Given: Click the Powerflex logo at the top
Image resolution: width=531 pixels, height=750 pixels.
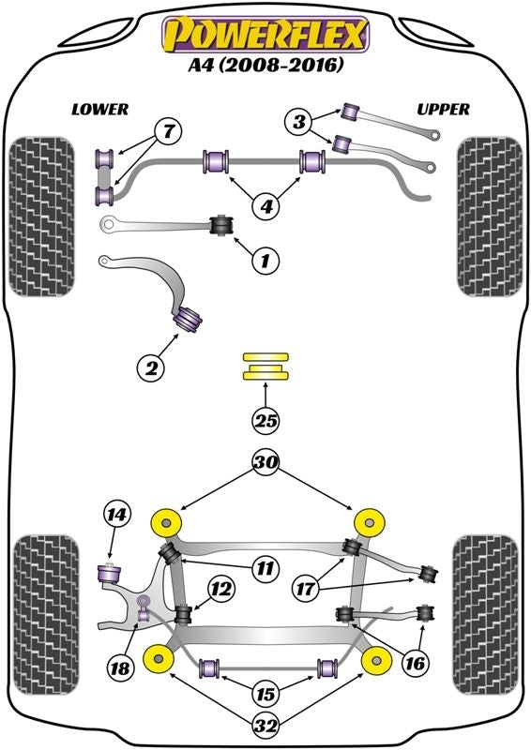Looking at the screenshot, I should click(266, 34).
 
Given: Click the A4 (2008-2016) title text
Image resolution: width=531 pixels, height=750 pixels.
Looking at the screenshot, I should click(266, 66).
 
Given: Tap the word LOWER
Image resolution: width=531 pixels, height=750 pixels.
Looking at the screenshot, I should click(99, 109).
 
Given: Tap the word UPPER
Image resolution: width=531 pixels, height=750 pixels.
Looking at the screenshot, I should click(443, 109).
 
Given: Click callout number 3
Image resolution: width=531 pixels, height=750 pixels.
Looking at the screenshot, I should click(299, 120).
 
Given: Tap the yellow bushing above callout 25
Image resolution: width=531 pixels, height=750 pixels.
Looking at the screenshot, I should click(265, 367).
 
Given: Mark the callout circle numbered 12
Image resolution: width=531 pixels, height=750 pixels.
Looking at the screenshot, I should click(221, 590).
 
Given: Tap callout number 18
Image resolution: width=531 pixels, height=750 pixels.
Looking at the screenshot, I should click(118, 667).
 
